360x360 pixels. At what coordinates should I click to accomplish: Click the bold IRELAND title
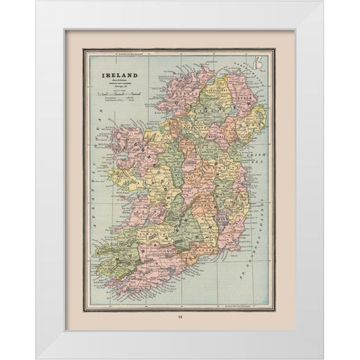tap(117, 76)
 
